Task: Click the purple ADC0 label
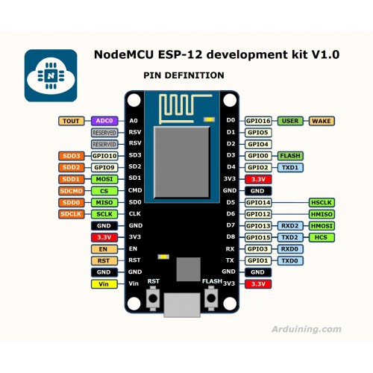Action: (104, 121)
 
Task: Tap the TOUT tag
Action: (72, 121)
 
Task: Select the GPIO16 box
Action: (258, 121)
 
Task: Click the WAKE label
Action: (322, 121)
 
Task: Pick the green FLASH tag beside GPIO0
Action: (290, 156)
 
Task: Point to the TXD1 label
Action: (290, 168)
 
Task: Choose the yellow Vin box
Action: (104, 284)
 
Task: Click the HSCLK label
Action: (322, 203)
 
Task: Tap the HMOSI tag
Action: (322, 226)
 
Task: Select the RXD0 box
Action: (290, 249)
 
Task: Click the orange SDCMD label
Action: (72, 191)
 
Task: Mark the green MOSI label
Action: (104, 179)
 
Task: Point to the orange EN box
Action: (104, 249)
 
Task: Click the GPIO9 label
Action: (104, 168)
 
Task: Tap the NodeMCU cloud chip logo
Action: (51, 75)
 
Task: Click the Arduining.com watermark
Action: (307, 329)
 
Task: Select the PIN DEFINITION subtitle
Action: (184, 75)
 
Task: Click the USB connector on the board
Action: (182, 305)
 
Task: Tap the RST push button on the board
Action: (153, 298)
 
